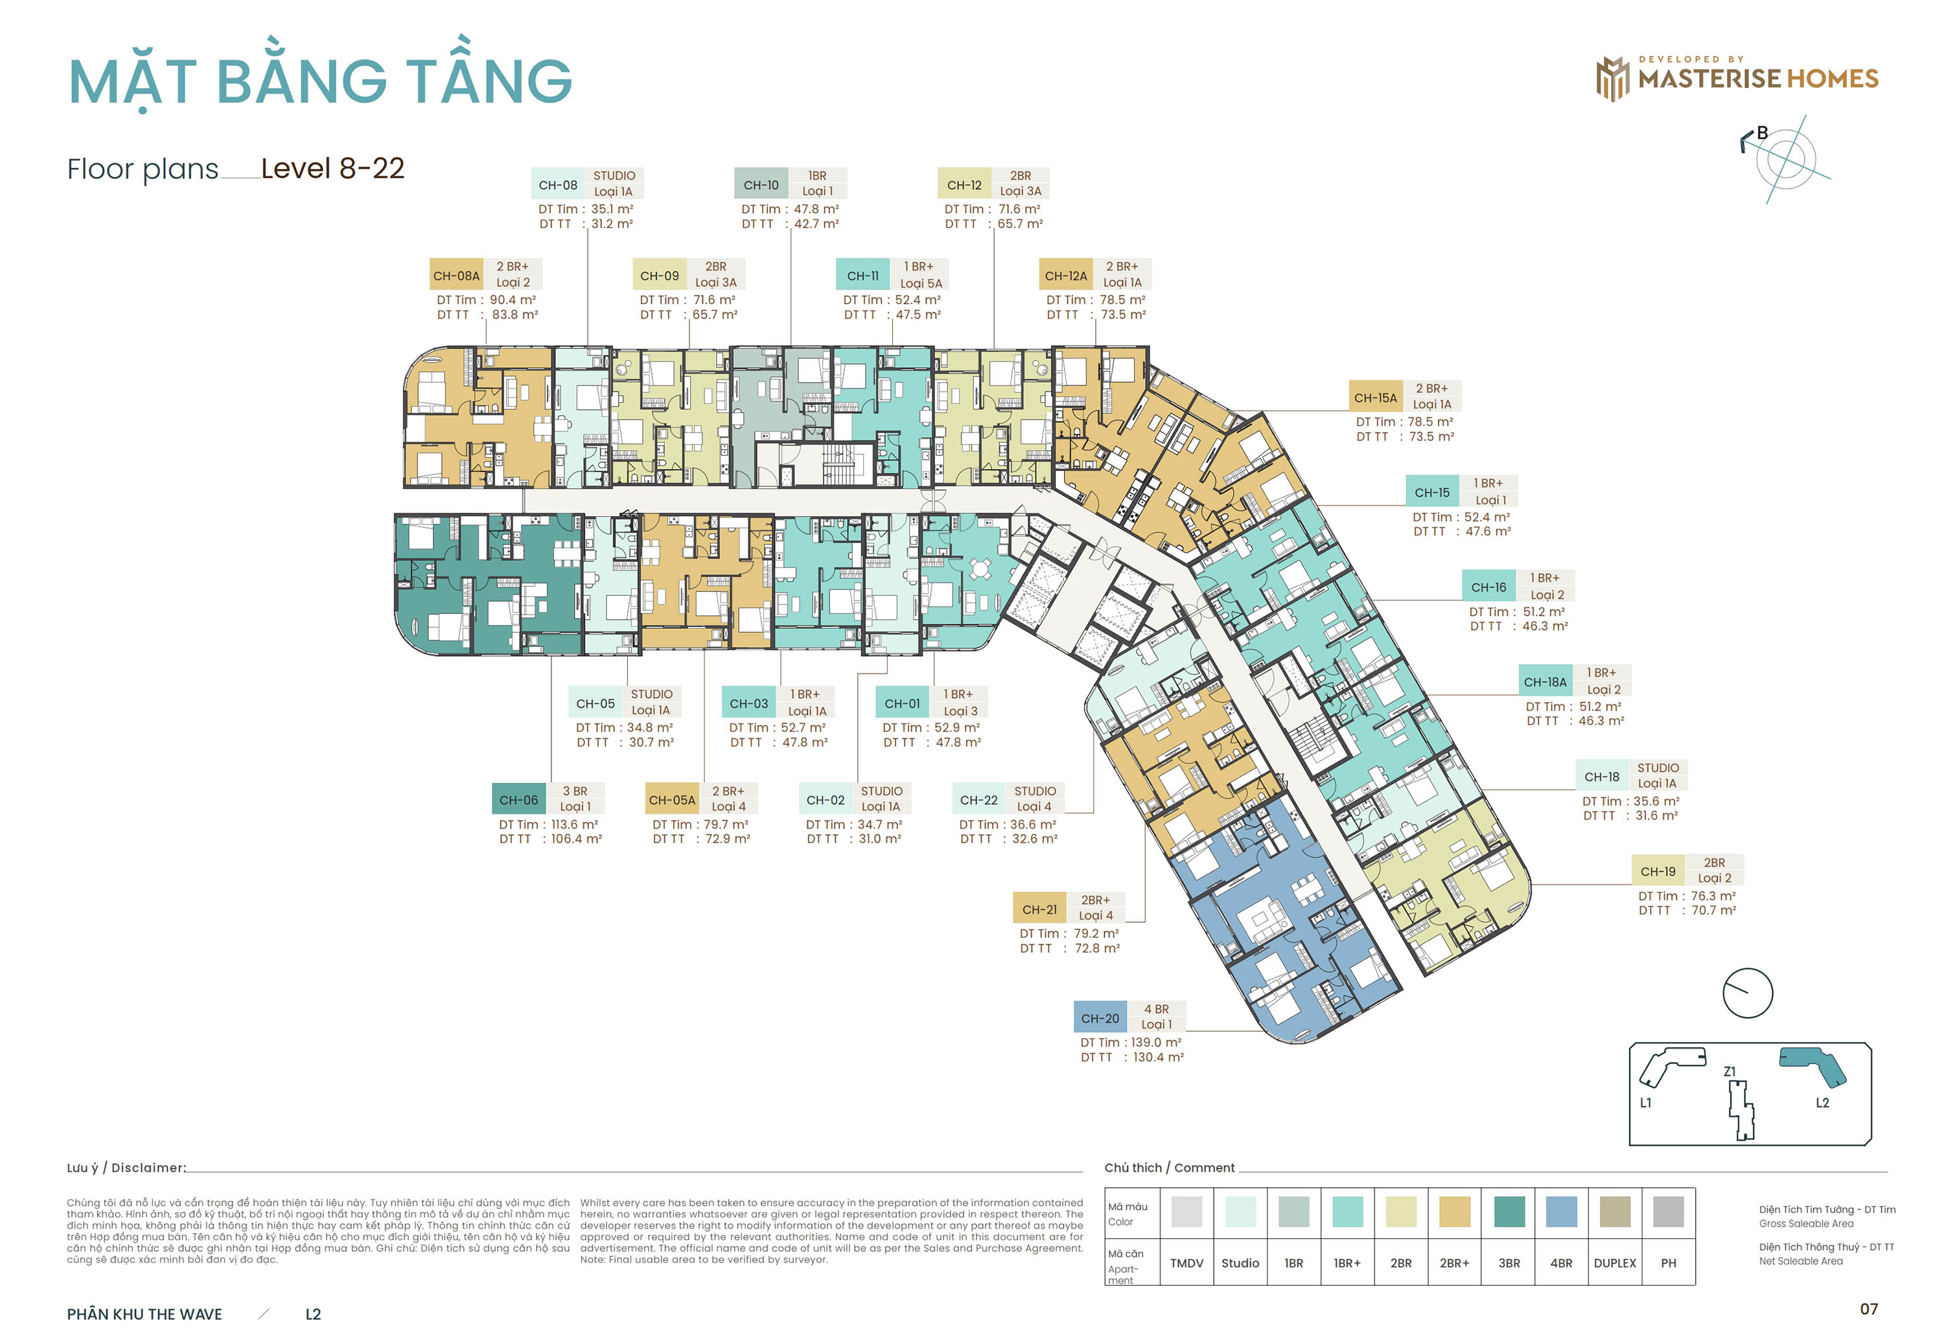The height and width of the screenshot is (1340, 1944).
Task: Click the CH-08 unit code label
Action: coord(557,185)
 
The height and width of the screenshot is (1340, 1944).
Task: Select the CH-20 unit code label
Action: coord(1099,1018)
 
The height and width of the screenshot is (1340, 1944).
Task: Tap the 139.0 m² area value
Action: coord(1155,1043)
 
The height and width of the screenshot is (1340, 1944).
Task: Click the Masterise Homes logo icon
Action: coord(1612,79)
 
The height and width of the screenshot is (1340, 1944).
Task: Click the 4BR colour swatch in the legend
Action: coord(1560,1212)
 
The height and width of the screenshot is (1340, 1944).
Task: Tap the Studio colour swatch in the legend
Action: coord(1240,1212)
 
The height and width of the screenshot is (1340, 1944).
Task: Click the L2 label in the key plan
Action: coord(1822,1102)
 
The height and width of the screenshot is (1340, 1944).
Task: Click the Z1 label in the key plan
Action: coord(1729,1071)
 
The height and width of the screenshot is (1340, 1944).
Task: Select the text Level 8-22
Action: coord(332,169)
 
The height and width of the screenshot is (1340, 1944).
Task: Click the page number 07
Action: coord(1868,1309)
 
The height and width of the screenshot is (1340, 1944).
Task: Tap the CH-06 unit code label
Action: coord(518,800)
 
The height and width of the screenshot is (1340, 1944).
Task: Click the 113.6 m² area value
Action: coord(573,824)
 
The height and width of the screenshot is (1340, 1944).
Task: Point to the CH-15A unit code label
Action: coord(1374,398)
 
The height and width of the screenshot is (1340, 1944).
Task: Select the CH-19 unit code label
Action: coord(1657,872)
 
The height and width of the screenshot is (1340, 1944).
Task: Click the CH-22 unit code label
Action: coord(978,800)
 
